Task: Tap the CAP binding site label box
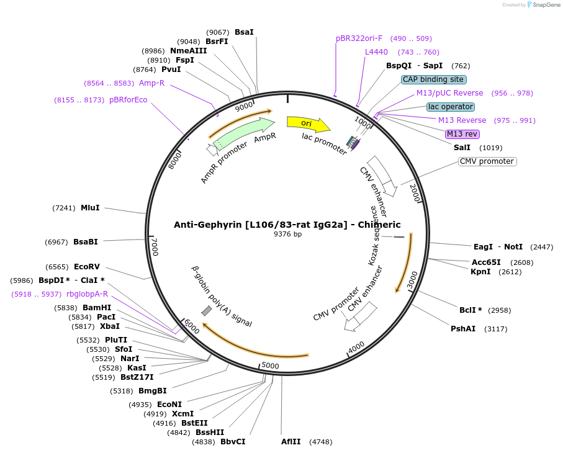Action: (433, 79)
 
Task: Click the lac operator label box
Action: (451, 107)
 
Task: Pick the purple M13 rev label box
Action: (462, 134)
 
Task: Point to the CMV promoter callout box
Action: (487, 161)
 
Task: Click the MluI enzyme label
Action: (90, 208)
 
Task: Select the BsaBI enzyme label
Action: (86, 242)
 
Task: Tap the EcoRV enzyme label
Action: (87, 267)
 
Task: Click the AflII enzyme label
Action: (291, 442)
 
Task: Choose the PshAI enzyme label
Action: (463, 329)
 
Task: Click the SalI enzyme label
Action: (462, 148)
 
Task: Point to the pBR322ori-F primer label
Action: (359, 38)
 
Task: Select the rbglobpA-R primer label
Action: (87, 294)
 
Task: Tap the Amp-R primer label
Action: (151, 83)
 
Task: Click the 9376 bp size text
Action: (287, 234)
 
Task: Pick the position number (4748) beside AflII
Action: (320, 442)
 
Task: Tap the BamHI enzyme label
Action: (97, 308)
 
